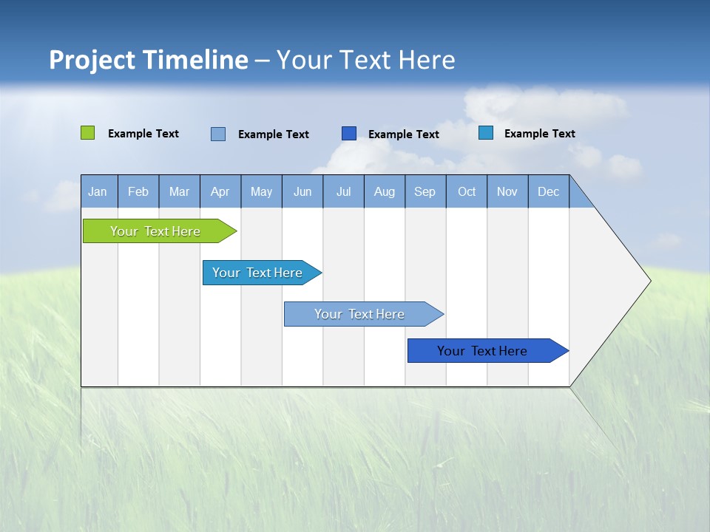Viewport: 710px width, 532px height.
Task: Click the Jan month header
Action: point(98,192)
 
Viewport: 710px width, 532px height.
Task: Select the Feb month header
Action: point(138,192)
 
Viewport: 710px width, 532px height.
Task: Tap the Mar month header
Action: point(179,192)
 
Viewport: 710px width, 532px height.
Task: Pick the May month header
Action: point(261,192)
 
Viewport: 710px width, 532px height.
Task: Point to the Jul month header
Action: point(343,192)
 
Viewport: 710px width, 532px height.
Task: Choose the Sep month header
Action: point(425,192)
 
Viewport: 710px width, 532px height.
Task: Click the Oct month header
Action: point(467,192)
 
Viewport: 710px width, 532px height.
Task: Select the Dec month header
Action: point(548,192)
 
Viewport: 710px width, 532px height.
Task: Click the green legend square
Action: point(87,133)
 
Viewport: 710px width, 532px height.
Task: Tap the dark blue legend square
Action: point(349,133)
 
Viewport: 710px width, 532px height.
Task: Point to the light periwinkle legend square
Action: point(218,134)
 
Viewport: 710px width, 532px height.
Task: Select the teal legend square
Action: point(486,133)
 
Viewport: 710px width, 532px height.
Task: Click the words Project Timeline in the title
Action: point(149,60)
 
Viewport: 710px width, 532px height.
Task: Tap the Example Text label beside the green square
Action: point(143,134)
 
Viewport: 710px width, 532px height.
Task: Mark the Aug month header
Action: point(384,192)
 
